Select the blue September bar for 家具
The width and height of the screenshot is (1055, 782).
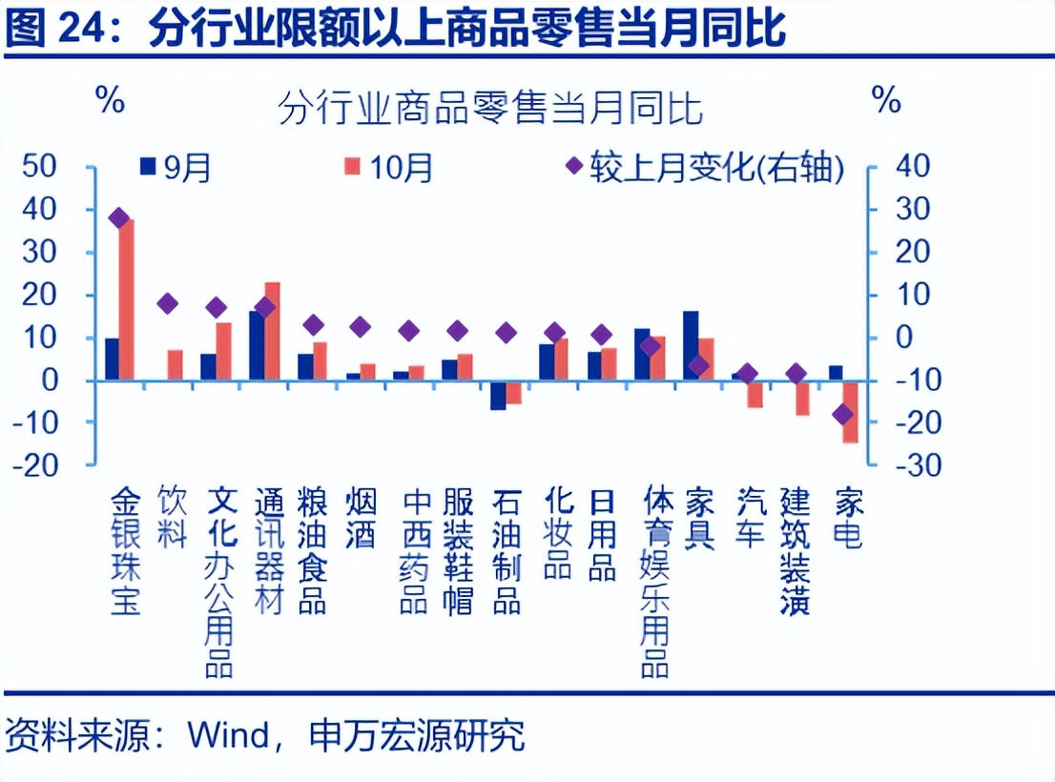pyautogui.click(x=691, y=345)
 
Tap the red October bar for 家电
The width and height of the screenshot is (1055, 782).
pyautogui.click(x=850, y=411)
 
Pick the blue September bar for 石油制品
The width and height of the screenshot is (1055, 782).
pyautogui.click(x=498, y=395)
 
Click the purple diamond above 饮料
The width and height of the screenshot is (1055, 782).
pyautogui.click(x=168, y=304)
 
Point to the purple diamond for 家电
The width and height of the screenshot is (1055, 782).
pyautogui.click(x=843, y=414)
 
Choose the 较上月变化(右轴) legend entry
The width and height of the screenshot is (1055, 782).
pyautogui.click(x=706, y=168)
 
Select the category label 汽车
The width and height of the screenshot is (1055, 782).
pyautogui.click(x=751, y=519)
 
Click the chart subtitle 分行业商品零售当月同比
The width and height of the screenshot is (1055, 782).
pyautogui.click(x=490, y=109)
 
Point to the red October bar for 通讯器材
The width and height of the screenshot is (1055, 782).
pyautogui.click(x=272, y=331)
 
